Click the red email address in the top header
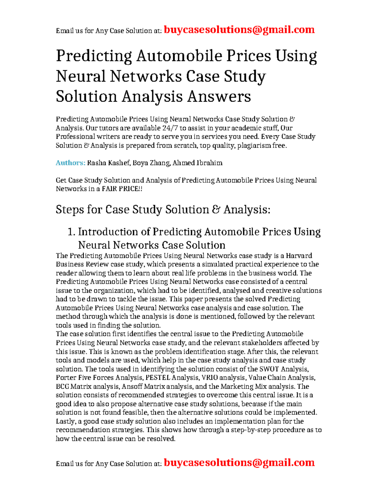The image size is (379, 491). coord(239,30)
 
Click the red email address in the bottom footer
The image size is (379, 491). coord(239,463)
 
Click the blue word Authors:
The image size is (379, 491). coord(70,163)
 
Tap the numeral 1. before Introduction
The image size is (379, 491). coord(72,232)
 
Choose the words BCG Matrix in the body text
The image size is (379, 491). coord(74,386)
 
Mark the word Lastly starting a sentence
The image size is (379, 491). coord(65,421)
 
